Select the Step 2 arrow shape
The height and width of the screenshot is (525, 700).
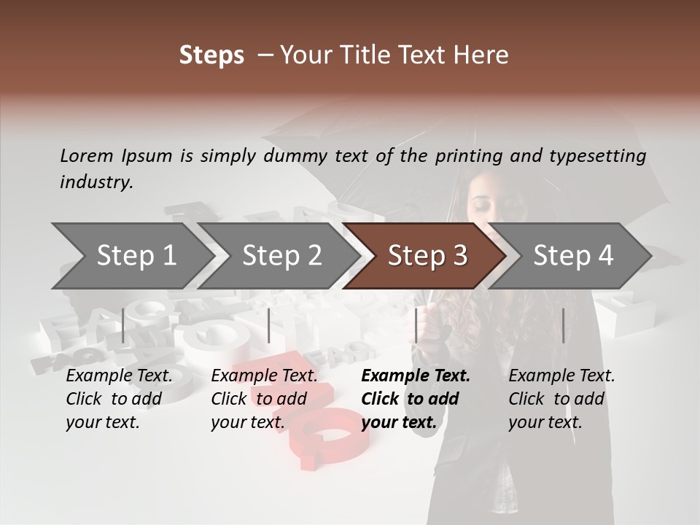point(281,256)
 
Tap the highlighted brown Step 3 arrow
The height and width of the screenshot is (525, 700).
point(427,256)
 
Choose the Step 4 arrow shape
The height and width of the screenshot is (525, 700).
point(573,256)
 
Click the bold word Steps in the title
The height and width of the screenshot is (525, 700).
point(211,55)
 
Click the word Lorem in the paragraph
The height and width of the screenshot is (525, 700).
point(86,156)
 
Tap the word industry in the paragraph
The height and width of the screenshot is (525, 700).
point(96,182)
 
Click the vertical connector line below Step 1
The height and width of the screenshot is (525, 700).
point(123,325)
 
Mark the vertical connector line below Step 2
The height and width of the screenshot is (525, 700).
point(269,325)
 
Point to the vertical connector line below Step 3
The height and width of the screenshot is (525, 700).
point(416,325)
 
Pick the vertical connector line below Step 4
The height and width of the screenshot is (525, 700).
point(563,325)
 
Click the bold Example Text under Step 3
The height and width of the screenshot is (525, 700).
point(416,376)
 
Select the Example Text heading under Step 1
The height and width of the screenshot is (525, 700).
point(119,376)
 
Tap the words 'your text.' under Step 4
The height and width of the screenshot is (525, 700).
point(545,422)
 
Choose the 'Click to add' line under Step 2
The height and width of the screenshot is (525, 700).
point(259,399)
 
